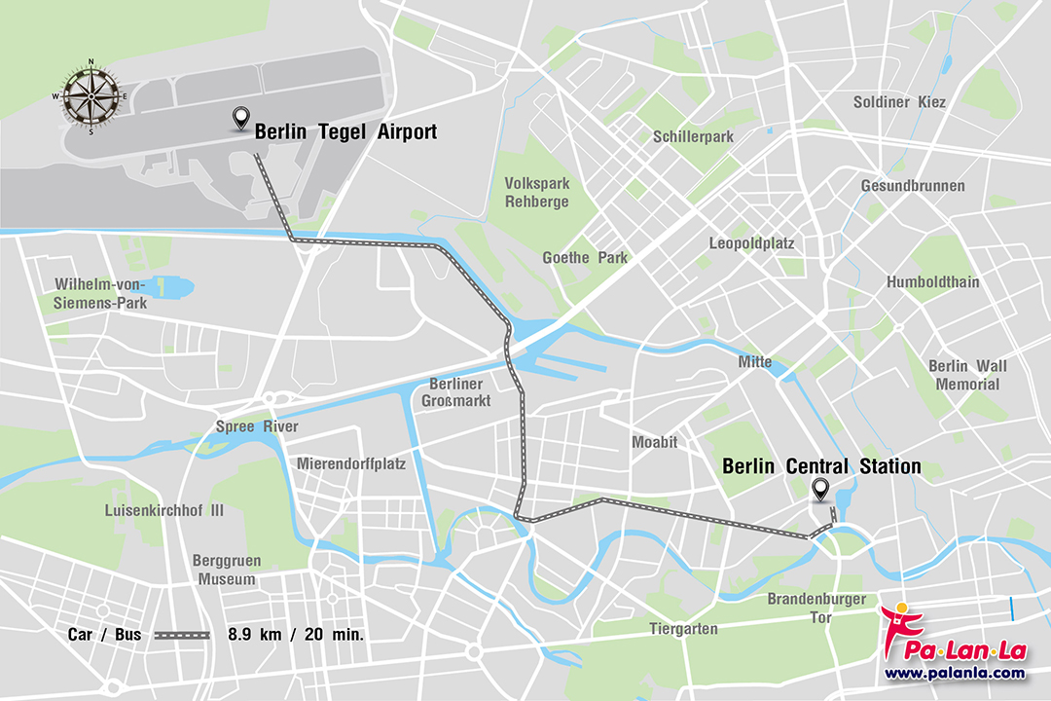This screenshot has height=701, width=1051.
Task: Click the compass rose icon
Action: (91, 96)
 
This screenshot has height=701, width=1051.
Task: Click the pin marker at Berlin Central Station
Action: (820, 491)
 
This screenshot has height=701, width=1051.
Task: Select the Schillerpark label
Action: (694, 137)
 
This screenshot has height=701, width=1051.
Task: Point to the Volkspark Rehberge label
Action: (536, 192)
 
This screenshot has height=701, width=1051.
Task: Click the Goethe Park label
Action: (585, 258)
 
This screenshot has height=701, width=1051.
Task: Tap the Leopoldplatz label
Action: (751, 242)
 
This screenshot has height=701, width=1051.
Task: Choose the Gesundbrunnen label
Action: (913, 186)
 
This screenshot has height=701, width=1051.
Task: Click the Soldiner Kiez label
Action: (899, 102)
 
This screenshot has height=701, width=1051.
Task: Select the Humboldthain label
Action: (932, 282)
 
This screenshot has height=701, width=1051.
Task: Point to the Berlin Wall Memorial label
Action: (967, 375)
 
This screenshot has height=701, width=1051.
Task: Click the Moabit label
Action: (654, 442)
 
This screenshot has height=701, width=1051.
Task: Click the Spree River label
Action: (257, 427)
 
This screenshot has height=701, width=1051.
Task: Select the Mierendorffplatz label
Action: (351, 463)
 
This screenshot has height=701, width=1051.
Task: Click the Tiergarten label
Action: (684, 629)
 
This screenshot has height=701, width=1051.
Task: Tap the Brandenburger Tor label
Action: (815, 608)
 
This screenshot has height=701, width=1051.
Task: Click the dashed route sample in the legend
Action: (183, 635)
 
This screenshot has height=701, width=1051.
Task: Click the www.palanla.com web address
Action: (954, 673)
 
